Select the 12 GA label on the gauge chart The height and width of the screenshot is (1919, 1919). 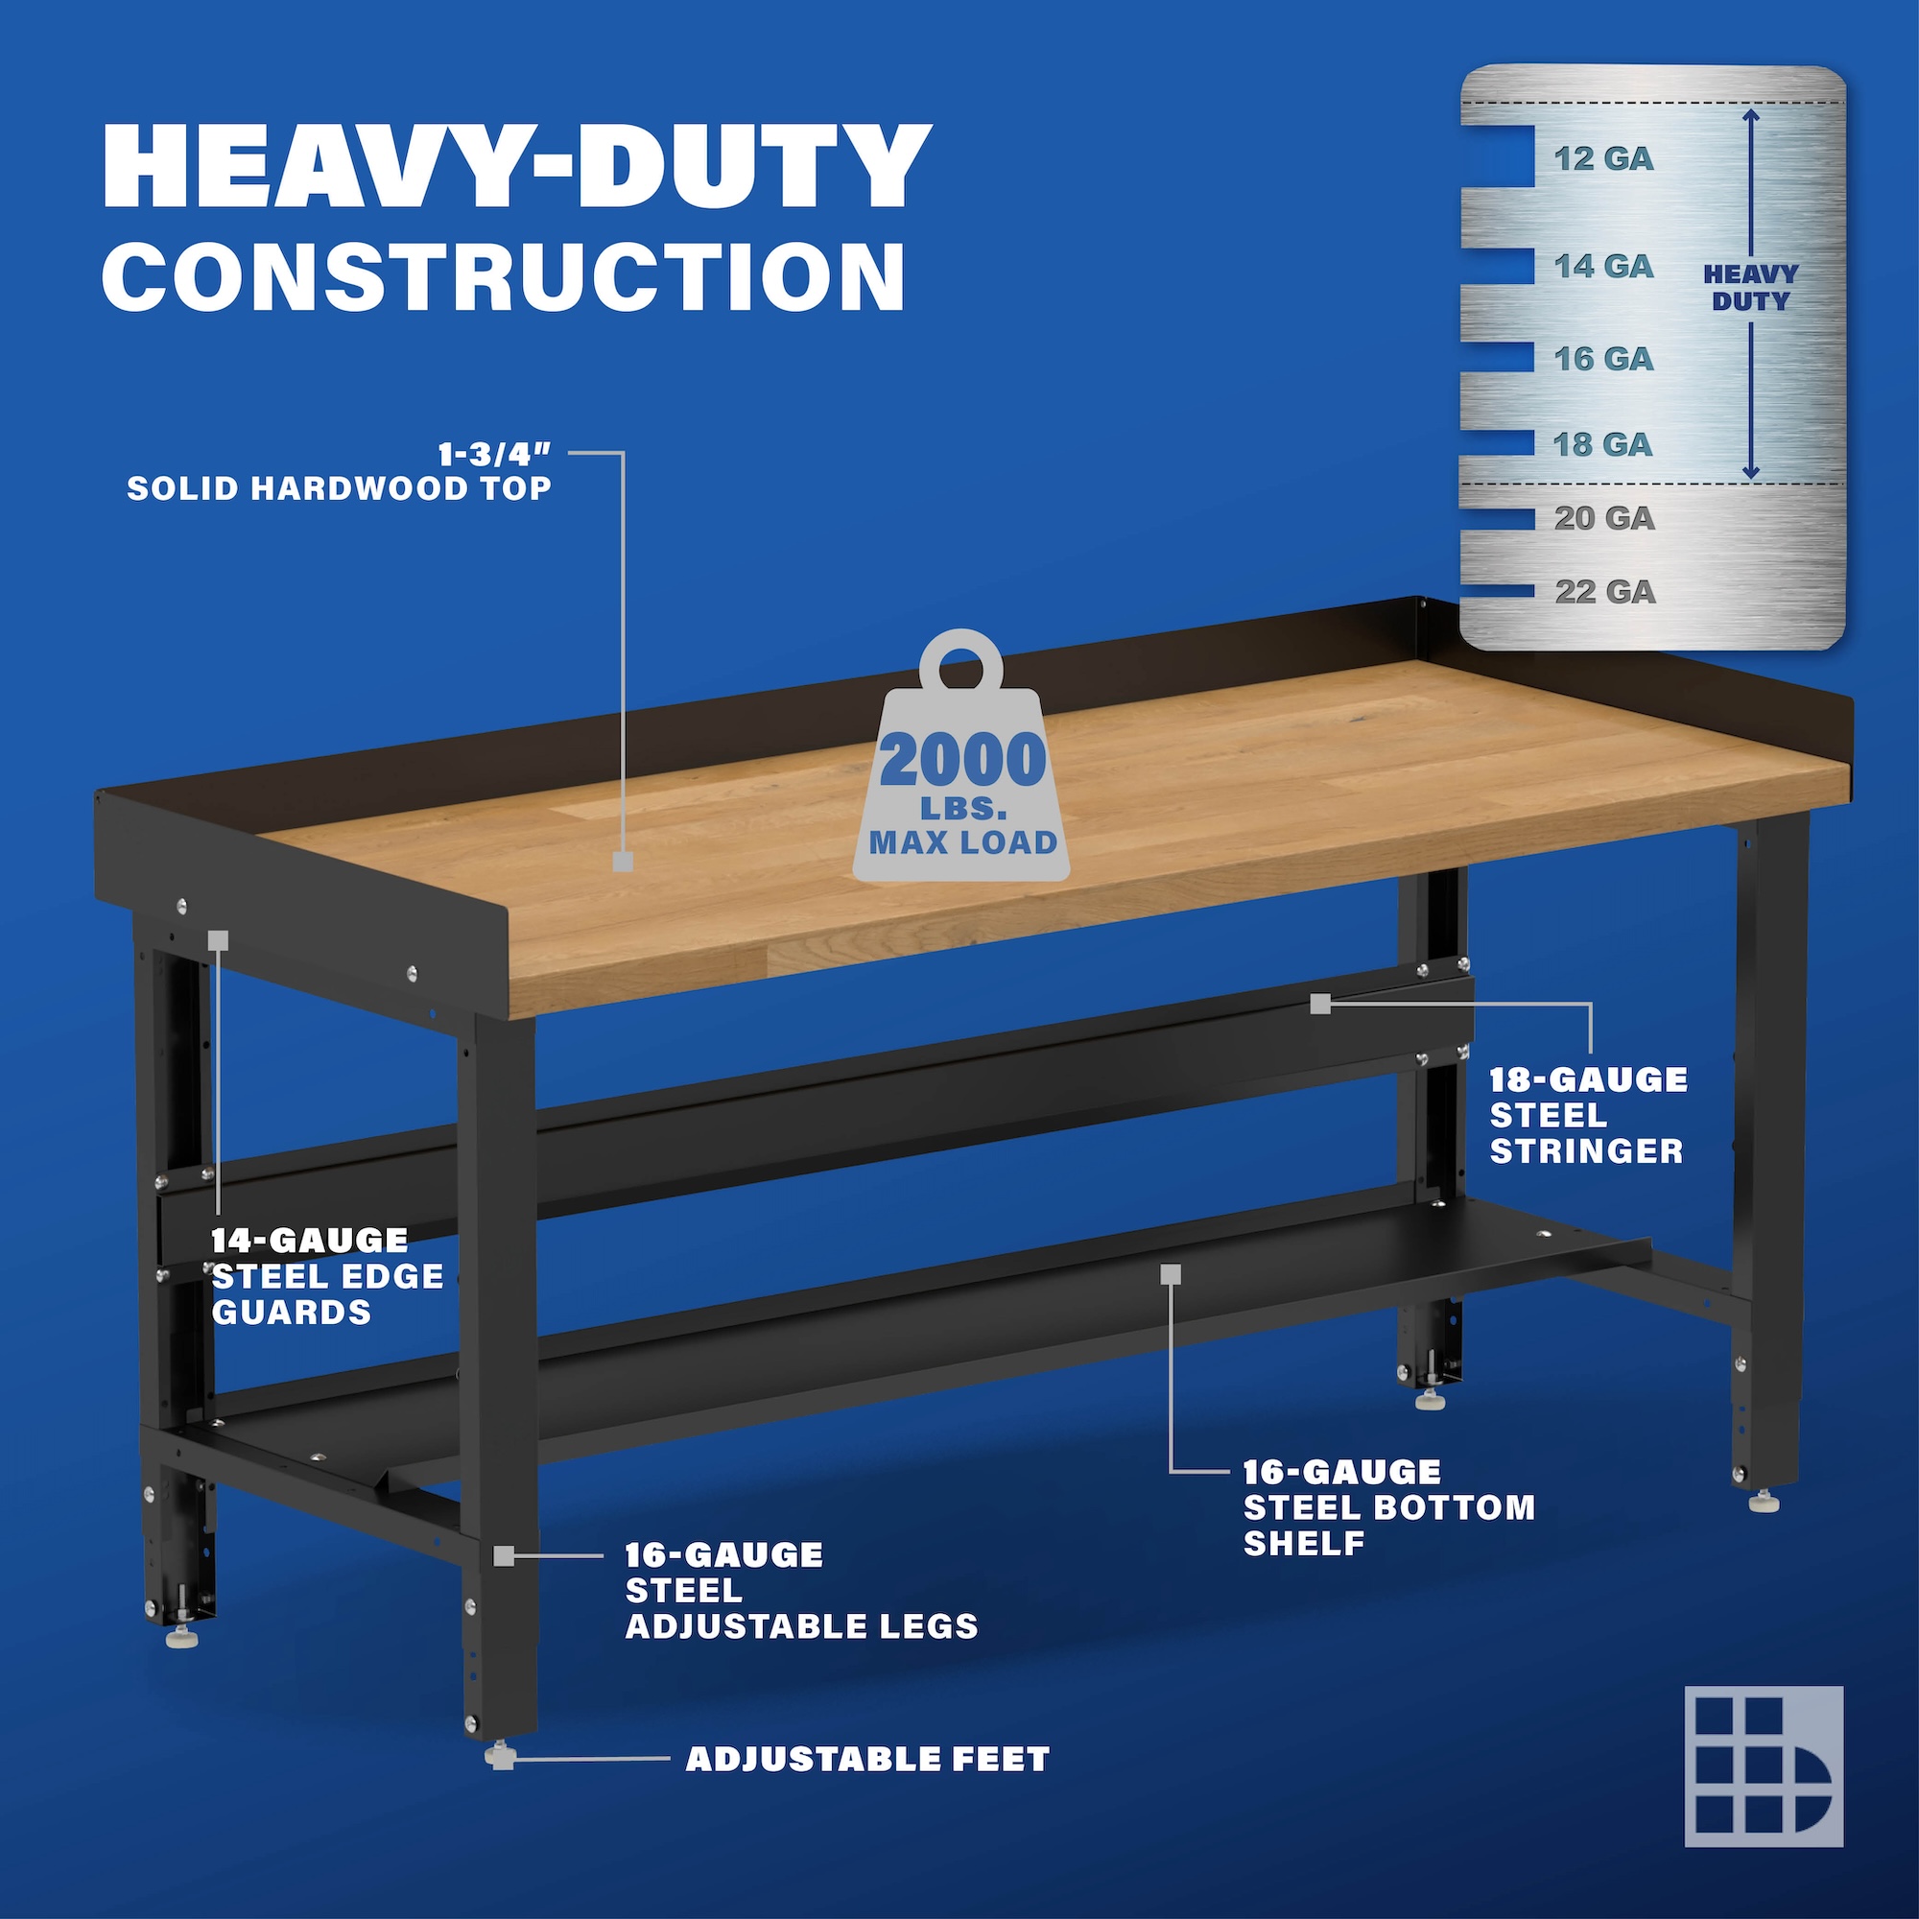[x=1604, y=159]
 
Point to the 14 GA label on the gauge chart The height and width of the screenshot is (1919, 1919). [x=1604, y=266]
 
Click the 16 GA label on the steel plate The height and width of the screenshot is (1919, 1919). [x=1604, y=359]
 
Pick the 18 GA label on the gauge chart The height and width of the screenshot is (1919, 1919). [x=1604, y=444]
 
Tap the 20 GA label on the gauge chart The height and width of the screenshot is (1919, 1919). [x=1605, y=517]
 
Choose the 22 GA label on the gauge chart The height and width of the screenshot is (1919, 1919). [x=1605, y=592]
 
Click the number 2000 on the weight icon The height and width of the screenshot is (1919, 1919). [x=962, y=761]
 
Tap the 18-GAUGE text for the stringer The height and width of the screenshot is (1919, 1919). [x=1588, y=1079]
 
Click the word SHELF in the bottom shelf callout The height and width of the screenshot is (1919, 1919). [x=1304, y=1544]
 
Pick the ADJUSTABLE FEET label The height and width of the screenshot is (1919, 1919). [x=867, y=1759]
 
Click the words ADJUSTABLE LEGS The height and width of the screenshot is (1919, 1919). [x=801, y=1626]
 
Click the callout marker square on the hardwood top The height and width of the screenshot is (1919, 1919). [x=623, y=863]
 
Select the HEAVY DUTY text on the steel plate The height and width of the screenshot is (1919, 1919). [x=1750, y=288]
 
